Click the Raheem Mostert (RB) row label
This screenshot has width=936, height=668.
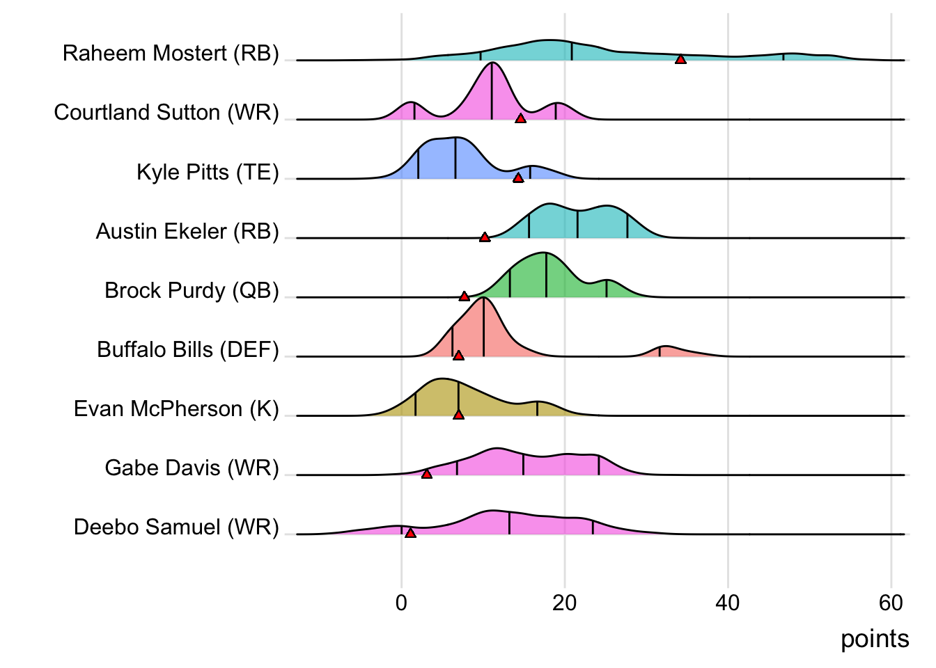pyautogui.click(x=171, y=54)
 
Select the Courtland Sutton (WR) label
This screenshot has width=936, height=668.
pyautogui.click(x=166, y=113)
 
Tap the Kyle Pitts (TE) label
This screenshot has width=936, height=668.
pyautogui.click(x=208, y=172)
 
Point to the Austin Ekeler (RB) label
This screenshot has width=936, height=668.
pyautogui.click(x=187, y=231)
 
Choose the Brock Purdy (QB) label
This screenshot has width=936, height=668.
pyautogui.click(x=192, y=290)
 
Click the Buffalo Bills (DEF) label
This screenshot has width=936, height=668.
pyautogui.click(x=188, y=349)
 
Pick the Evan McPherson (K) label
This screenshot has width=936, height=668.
pyautogui.click(x=176, y=408)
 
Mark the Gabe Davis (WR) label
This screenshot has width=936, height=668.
pyautogui.click(x=192, y=468)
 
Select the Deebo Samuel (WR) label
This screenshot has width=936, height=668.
pyautogui.click(x=176, y=527)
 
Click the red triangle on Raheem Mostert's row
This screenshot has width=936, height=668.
pyautogui.click(x=680, y=60)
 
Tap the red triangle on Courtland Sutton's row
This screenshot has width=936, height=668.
pyautogui.click(x=520, y=119)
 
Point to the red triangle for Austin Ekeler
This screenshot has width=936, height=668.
pyautogui.click(x=485, y=237)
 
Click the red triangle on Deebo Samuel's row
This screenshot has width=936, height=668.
pyautogui.click(x=410, y=533)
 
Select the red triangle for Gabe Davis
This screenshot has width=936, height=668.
pyautogui.click(x=427, y=474)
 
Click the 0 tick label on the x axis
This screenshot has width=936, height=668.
pyautogui.click(x=401, y=603)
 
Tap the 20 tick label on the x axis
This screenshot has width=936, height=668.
pyautogui.click(x=565, y=603)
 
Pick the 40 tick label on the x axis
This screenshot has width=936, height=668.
pyautogui.click(x=728, y=603)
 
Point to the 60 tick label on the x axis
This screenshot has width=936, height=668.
pyautogui.click(x=891, y=603)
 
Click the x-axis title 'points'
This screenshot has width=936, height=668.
pyautogui.click(x=875, y=639)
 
